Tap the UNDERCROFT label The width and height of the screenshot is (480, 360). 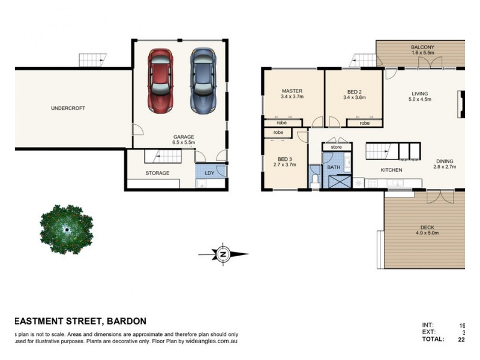coord(68,108)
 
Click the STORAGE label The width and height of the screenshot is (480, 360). coord(157,173)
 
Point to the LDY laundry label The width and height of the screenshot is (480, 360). coord(209,173)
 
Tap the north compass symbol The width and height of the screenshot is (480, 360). coord(223,254)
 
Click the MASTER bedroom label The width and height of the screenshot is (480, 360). coord(292,91)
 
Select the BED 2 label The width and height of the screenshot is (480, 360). coord(353,91)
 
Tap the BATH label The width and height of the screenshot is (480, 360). coord(333,167)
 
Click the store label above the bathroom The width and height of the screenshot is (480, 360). coord(335,146)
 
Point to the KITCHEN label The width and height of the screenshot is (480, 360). coord(391,170)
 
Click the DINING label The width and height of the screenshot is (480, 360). coord(445,161)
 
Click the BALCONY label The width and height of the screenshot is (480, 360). coord(422,47)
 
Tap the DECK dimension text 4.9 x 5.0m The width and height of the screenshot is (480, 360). coord(427,233)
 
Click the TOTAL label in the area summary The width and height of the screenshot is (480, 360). coord(433,339)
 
